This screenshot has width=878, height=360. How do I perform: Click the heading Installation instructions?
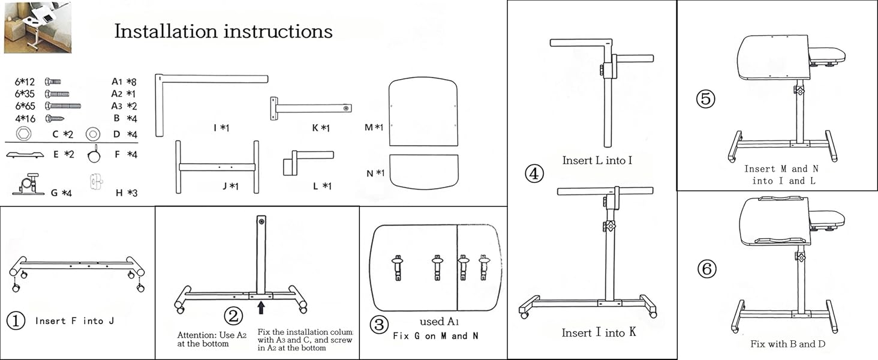point(223,31)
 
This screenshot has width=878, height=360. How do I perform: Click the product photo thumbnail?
point(37,27)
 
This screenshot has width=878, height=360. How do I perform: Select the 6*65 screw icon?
point(63,106)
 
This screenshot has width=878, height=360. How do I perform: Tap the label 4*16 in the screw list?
point(26,118)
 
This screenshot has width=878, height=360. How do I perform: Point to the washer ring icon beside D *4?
point(93,134)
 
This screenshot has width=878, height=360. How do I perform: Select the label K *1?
point(321,128)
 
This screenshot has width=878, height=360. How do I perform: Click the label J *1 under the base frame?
point(230,186)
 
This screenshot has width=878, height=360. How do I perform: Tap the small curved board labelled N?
point(424,171)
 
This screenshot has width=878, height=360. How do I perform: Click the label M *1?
point(374,127)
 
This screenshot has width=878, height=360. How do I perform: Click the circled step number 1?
point(16,321)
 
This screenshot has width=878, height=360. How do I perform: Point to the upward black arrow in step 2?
point(261,308)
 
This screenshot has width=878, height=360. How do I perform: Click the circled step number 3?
point(378,325)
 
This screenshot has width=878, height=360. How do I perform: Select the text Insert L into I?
point(597,160)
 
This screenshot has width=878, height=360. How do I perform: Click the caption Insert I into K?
point(599,332)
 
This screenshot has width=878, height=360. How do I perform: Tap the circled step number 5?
point(706,98)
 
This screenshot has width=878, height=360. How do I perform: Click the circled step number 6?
point(706,269)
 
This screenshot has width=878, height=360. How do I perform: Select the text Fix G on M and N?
point(435,335)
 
